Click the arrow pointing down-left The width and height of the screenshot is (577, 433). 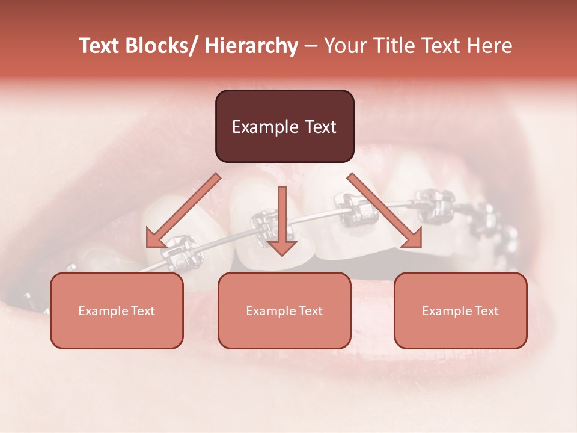(x=183, y=210)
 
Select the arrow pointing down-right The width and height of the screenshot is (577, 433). (x=385, y=210)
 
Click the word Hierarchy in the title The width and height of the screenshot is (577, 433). (x=251, y=46)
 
